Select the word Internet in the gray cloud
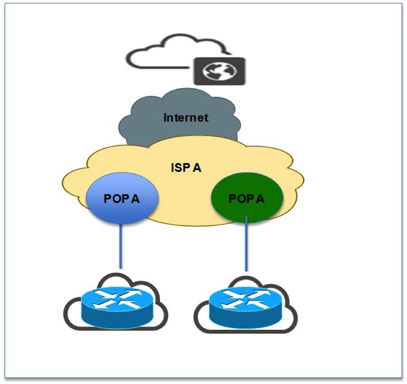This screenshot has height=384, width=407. (185, 118)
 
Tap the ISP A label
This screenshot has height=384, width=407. (185, 167)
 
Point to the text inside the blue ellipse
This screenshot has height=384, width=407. (121, 198)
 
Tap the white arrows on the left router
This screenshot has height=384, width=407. (117, 299)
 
